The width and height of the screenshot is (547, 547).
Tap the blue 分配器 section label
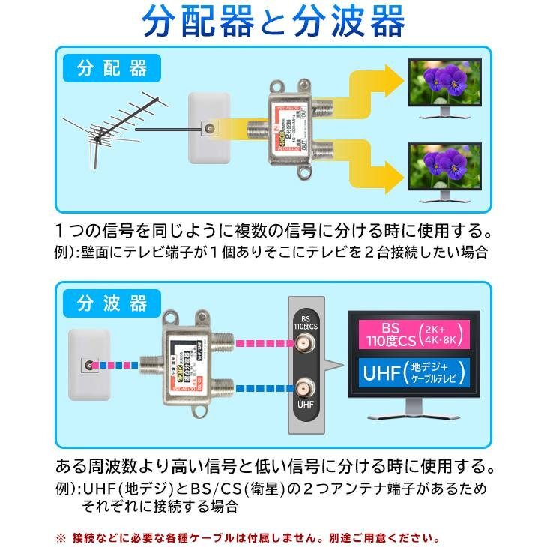112,70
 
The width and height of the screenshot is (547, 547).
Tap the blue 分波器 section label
112,303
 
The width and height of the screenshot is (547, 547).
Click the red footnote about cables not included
247,537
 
